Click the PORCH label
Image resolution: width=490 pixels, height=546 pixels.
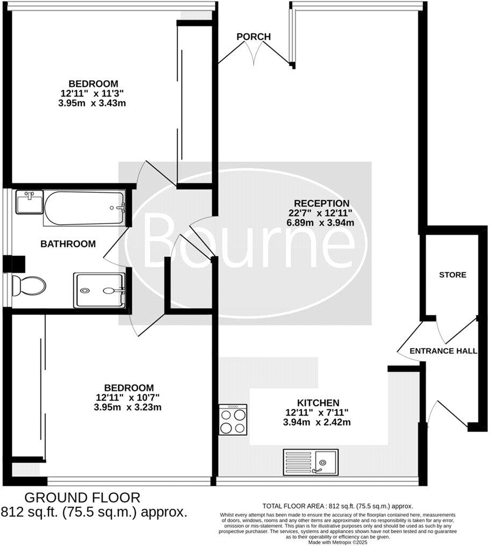(x=254, y=37)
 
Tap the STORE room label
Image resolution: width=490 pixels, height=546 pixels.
(x=452, y=275)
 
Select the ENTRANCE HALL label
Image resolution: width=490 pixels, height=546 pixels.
(x=443, y=351)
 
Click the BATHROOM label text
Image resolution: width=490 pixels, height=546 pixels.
(x=68, y=243)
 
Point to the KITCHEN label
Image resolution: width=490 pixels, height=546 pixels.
(x=318, y=403)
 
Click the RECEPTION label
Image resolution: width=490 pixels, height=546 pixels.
(x=322, y=203)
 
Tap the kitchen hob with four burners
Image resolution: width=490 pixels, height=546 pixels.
(x=233, y=419)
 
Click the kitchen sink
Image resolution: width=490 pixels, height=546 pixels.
(x=311, y=462)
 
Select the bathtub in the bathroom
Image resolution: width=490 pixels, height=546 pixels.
(x=85, y=208)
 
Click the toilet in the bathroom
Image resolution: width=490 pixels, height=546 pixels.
(x=30, y=285)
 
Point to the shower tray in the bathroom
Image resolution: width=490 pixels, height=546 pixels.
(x=99, y=290)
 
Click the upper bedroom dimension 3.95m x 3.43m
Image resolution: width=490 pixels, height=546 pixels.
(x=93, y=103)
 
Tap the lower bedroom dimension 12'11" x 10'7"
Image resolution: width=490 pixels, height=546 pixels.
(x=129, y=397)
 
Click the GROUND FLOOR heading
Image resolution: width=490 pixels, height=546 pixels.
(x=82, y=497)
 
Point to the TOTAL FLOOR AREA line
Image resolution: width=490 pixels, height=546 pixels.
(x=337, y=506)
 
